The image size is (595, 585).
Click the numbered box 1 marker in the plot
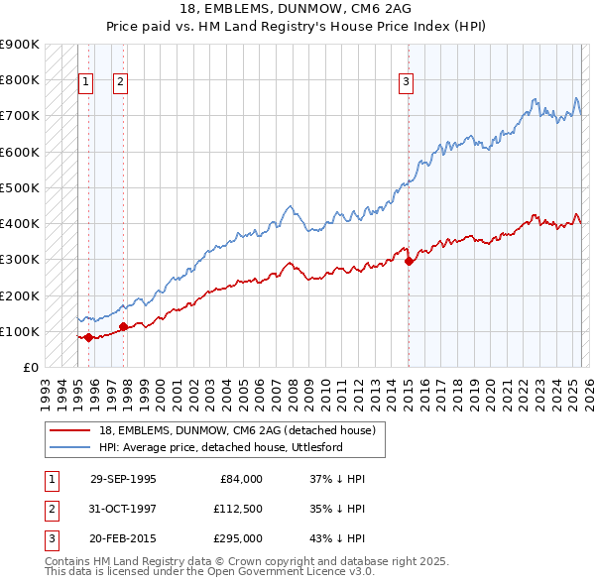point(85,83)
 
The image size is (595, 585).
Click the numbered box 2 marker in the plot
point(120,83)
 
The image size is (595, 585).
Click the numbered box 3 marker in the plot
point(406,83)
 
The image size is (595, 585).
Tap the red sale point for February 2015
point(409,261)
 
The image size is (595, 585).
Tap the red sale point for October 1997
point(123,326)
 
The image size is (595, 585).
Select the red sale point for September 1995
point(88,337)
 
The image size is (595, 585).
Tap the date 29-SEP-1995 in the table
point(123,479)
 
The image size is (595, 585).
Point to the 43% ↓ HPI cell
point(338,538)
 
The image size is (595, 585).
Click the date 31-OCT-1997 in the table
point(123,509)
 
